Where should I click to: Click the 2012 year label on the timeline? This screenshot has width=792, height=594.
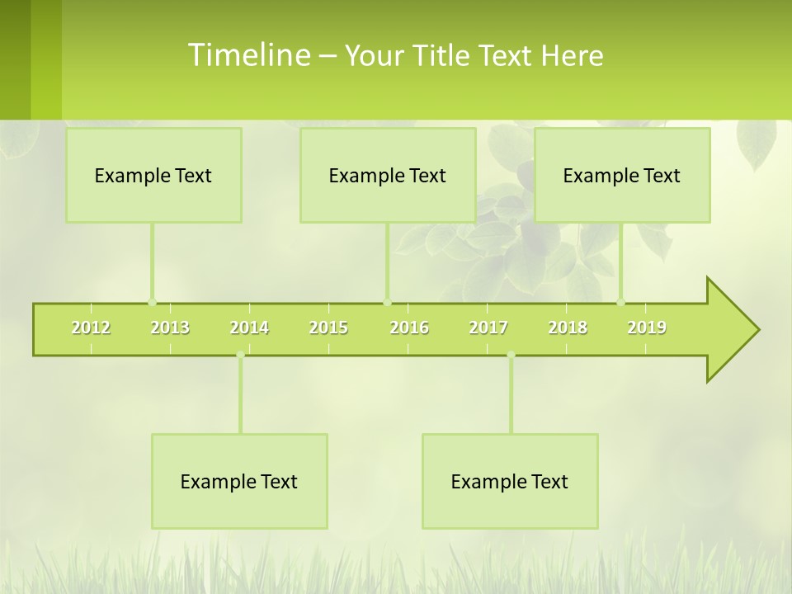pyautogui.click(x=91, y=328)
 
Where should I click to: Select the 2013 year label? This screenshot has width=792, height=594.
pyautogui.click(x=170, y=328)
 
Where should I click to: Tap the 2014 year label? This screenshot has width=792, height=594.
pyautogui.click(x=249, y=328)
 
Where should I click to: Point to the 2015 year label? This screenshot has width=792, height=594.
pyautogui.click(x=328, y=328)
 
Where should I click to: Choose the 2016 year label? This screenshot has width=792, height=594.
pyautogui.click(x=409, y=328)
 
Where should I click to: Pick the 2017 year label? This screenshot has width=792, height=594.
pyautogui.click(x=488, y=328)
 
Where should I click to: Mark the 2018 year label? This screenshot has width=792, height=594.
pyautogui.click(x=568, y=328)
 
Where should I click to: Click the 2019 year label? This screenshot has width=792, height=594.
pyautogui.click(x=647, y=328)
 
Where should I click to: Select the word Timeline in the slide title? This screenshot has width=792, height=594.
pyautogui.click(x=248, y=55)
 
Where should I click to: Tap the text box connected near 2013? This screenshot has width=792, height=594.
pyautogui.click(x=153, y=175)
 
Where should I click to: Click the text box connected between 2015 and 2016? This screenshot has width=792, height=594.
pyautogui.click(x=388, y=175)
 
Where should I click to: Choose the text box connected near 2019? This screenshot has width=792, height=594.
pyautogui.click(x=622, y=175)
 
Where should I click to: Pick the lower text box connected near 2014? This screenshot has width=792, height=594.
pyautogui.click(x=239, y=481)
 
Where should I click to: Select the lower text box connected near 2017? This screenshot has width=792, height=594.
pyautogui.click(x=510, y=481)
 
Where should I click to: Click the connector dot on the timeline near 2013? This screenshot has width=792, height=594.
pyautogui.click(x=152, y=302)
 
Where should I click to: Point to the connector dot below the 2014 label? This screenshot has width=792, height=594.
pyautogui.click(x=240, y=355)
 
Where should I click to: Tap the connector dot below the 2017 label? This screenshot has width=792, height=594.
pyautogui.click(x=511, y=355)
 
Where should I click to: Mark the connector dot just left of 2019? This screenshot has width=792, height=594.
pyautogui.click(x=621, y=302)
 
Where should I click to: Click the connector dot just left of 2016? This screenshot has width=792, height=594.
pyautogui.click(x=387, y=302)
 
